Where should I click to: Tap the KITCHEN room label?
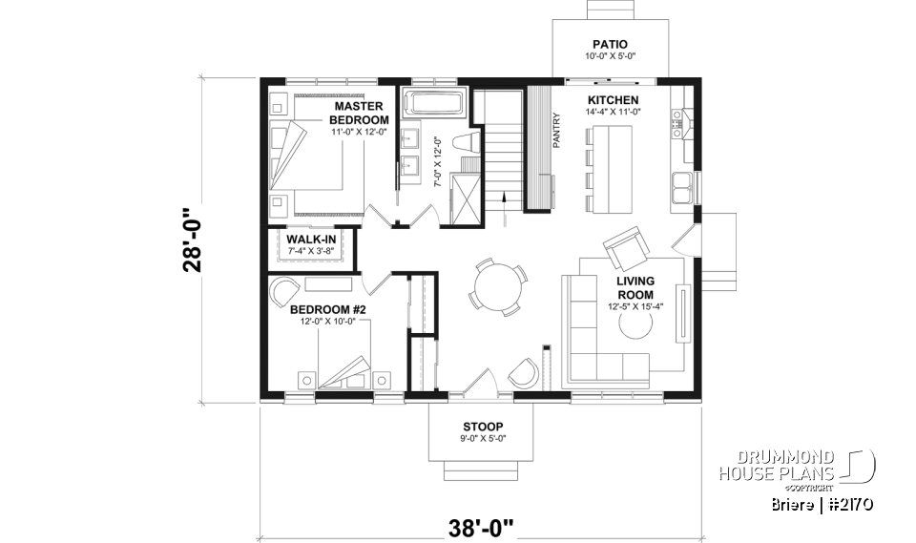click(613, 100)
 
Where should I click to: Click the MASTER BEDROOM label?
click(359, 113)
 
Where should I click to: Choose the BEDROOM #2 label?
click(328, 310)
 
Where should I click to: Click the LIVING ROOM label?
click(635, 287)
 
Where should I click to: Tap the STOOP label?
click(482, 426)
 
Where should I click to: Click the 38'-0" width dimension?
click(482, 525)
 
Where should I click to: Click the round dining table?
click(493, 285)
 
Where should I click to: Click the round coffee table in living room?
click(636, 325)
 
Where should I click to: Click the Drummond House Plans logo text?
click(777, 465)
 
